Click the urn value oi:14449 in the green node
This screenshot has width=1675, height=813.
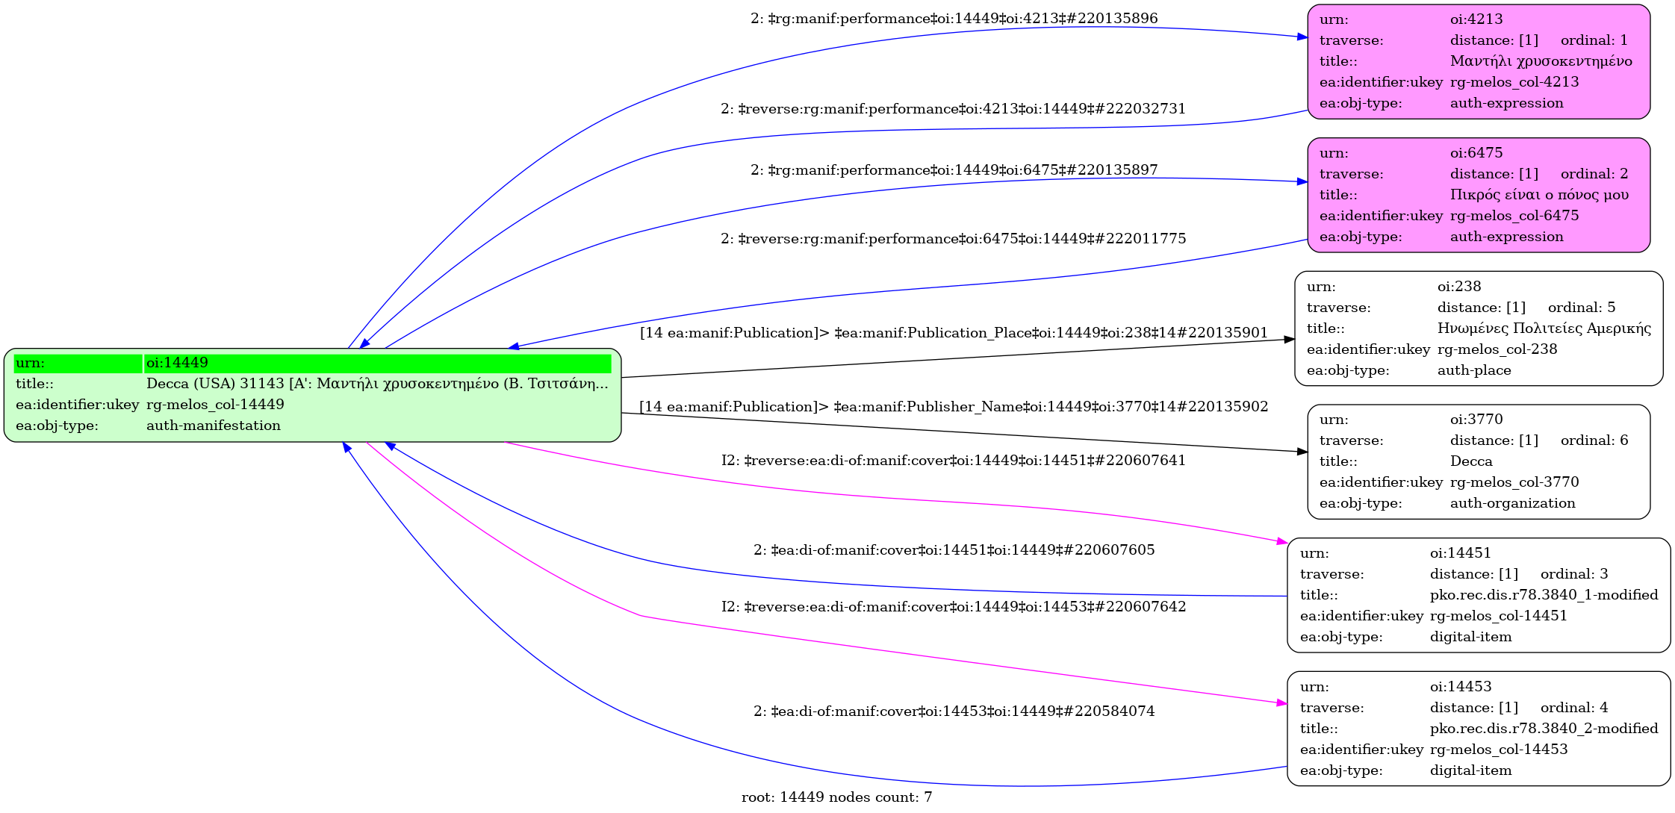pos(177,363)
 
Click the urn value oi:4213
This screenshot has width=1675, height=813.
pos(1476,19)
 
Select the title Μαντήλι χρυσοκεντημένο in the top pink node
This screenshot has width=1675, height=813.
pos(1541,61)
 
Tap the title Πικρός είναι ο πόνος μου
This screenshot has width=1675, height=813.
pos(1539,195)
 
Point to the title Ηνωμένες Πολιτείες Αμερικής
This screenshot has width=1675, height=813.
pos(1544,328)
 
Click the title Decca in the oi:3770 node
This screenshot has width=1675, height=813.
pos(1470,461)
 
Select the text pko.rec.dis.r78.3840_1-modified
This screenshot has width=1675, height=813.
pos(1544,595)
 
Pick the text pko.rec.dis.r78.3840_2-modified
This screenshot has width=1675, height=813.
pos(1544,729)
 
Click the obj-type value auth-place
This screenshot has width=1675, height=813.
pos(1473,370)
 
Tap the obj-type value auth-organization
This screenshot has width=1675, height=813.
pos(1512,503)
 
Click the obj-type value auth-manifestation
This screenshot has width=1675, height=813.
pos(214,426)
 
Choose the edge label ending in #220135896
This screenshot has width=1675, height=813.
pos(954,19)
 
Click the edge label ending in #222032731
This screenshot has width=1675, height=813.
pos(953,109)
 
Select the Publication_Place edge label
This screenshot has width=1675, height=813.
pos(954,333)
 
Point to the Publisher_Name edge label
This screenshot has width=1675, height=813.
pos(954,407)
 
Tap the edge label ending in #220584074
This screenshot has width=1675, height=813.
pos(954,711)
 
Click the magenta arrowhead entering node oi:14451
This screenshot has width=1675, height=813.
pos(1282,541)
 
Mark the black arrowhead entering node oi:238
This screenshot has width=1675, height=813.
pos(1289,340)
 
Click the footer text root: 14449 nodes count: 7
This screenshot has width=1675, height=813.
pos(836,797)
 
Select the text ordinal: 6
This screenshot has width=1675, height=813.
pos(1594,440)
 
